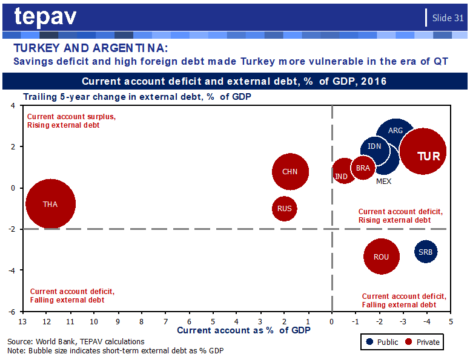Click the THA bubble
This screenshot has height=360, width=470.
click(x=50, y=204)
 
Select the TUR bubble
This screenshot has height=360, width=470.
click(x=423, y=151)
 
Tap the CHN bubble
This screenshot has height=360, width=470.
click(x=290, y=172)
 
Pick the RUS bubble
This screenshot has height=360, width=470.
click(x=285, y=209)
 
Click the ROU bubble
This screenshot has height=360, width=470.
click(x=382, y=257)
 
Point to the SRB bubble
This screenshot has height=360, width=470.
click(x=426, y=252)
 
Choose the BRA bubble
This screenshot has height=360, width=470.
click(x=363, y=168)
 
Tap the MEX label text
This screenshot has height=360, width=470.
click(x=383, y=181)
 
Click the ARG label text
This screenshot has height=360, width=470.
click(x=396, y=131)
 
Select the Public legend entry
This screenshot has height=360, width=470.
click(x=382, y=342)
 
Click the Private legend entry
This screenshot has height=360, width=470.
click(x=422, y=342)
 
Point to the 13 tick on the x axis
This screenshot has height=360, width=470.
click(x=22, y=322)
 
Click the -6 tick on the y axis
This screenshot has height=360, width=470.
click(x=12, y=312)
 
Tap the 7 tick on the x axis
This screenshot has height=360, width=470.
click(x=165, y=322)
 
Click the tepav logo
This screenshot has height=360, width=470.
click(x=45, y=16)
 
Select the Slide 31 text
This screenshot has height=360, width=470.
click(x=448, y=18)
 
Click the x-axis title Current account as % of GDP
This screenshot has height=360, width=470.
click(x=243, y=330)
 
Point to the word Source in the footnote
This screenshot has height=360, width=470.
click(x=20, y=342)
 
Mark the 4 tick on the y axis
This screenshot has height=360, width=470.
click(x=13, y=105)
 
